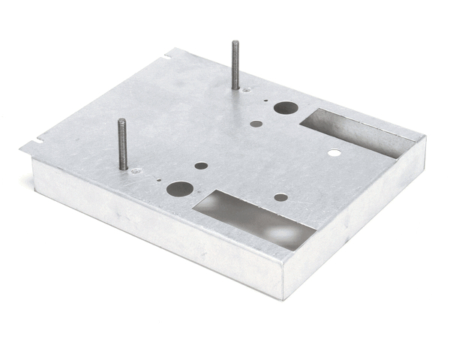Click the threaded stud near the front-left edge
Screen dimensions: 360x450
[122, 145]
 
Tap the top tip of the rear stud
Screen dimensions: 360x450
[234, 43]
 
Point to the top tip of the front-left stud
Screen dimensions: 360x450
[121, 121]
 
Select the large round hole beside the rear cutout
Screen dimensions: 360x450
[285, 107]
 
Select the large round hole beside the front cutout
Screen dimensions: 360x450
[178, 188]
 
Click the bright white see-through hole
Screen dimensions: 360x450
[334, 153]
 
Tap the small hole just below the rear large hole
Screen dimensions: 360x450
[256, 124]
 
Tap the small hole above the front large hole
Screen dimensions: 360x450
[201, 166]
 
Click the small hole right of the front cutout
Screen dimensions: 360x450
[280, 197]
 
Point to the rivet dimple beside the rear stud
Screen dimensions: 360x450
[247, 90]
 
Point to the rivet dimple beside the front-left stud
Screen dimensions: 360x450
[135, 172]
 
